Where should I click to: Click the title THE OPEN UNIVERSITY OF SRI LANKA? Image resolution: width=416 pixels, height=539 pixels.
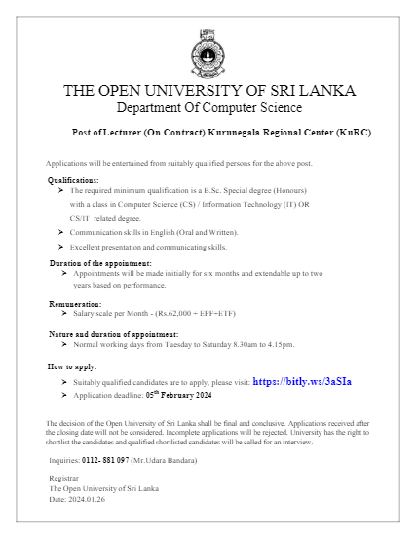208,91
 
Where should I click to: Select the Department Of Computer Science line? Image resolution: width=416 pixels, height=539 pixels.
208,107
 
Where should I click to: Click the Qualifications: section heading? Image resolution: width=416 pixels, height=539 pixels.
73,180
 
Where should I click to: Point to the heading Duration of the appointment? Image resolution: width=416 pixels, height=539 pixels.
100,264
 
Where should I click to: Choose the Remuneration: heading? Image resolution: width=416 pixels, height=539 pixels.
75,305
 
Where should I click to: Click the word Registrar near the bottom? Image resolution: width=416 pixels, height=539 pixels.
63,479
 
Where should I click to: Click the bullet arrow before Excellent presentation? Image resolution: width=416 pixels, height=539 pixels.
61,248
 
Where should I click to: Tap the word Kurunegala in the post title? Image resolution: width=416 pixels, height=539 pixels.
231,131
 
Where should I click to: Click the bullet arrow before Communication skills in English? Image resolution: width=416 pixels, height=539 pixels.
61,232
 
